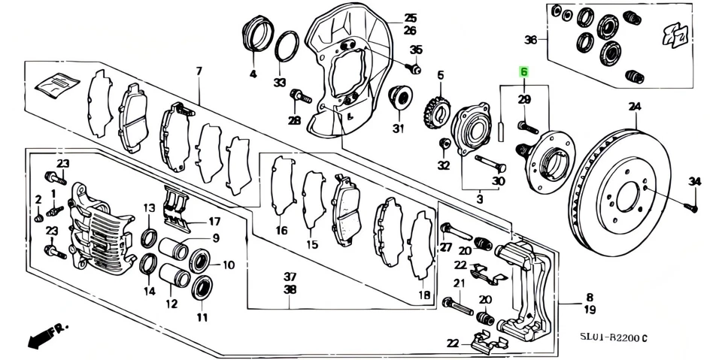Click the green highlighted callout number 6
[524, 72]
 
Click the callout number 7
[199, 71]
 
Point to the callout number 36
[531, 40]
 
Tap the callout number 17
[214, 222]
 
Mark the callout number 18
[425, 295]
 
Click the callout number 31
[398, 127]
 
